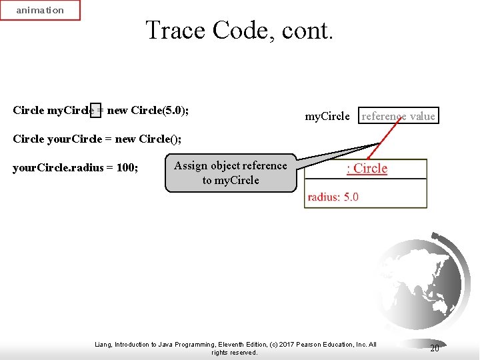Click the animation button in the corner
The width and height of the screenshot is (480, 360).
point(39,11)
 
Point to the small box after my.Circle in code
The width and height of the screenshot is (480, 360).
point(96,110)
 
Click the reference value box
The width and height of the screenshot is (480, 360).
point(398,116)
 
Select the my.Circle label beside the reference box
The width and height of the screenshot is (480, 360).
point(327,116)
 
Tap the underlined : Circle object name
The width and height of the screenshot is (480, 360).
point(367,168)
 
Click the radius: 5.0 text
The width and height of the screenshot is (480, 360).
point(333,197)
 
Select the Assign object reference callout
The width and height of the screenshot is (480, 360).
point(230,173)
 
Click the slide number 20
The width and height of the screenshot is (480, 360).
point(435,348)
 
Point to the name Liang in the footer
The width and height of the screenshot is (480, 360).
point(105,345)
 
